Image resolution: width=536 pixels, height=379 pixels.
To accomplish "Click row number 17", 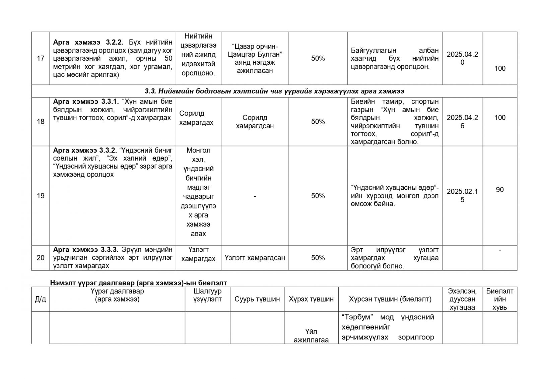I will pos(41,58).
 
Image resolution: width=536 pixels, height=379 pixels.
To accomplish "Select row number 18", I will pos(41,121).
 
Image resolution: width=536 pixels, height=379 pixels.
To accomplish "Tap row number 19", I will pos(41,196).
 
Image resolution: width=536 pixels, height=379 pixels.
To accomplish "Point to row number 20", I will pos(41,258).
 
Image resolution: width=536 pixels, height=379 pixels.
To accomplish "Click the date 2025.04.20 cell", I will pos(462,58).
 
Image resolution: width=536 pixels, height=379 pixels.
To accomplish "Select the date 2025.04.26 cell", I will pos(462,122).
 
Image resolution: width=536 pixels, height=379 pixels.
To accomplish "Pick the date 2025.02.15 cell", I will pos(462,196).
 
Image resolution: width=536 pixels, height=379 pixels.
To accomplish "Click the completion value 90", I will pos(499,190).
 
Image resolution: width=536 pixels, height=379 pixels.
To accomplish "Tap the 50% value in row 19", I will pos(318,196).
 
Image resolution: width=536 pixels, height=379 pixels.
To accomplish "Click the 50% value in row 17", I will pos(318,58).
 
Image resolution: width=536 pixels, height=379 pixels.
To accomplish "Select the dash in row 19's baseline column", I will pos(255,196).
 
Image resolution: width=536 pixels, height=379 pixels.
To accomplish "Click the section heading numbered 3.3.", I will pos(274,91).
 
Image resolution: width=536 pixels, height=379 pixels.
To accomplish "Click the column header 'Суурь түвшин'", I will pos(257,299).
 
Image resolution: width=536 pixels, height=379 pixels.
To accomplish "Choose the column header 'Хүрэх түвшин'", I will pos(311,299).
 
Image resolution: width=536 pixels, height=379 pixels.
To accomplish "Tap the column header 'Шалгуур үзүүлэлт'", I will pos(207,295).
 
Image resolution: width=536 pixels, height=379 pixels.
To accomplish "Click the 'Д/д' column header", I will pos(41,299).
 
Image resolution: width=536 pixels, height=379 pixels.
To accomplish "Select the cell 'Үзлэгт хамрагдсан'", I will pos(255,258).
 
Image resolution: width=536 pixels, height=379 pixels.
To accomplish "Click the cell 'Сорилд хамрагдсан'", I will pos(255,122).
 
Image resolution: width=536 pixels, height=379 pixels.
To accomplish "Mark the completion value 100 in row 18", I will pos(500,118).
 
